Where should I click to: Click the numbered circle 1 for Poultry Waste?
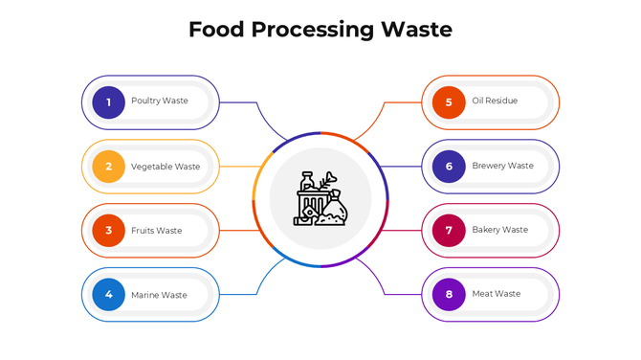coord(109,101)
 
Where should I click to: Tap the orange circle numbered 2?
coord(109,167)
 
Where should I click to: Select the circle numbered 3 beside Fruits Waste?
coord(109,231)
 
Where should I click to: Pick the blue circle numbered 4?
coord(109,295)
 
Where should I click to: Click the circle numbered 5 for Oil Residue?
coord(449,101)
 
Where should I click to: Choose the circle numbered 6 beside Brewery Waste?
coord(449,167)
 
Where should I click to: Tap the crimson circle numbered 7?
coord(449,231)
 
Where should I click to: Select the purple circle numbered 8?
coord(449,295)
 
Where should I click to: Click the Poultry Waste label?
coord(160,101)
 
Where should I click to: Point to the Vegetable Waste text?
coord(166,167)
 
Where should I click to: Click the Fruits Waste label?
coord(157,231)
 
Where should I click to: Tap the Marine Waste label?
coord(159,295)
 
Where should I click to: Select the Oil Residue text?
coord(495,101)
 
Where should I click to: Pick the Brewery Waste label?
coord(502,167)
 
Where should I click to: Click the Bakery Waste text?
coord(499,231)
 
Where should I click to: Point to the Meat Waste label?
coord(497,295)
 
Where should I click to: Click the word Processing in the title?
coord(314,31)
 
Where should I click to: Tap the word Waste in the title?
coord(417,30)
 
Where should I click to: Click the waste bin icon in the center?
coord(320,199)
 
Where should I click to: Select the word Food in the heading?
coord(216,30)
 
